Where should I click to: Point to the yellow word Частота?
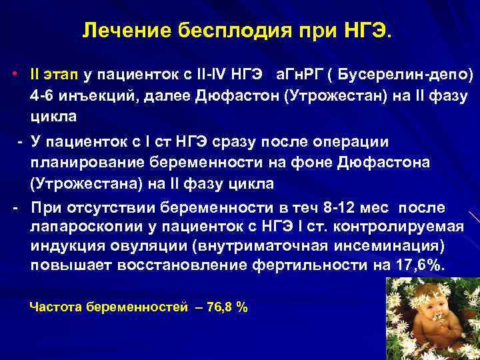57,307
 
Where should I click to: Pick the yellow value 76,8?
221,307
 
